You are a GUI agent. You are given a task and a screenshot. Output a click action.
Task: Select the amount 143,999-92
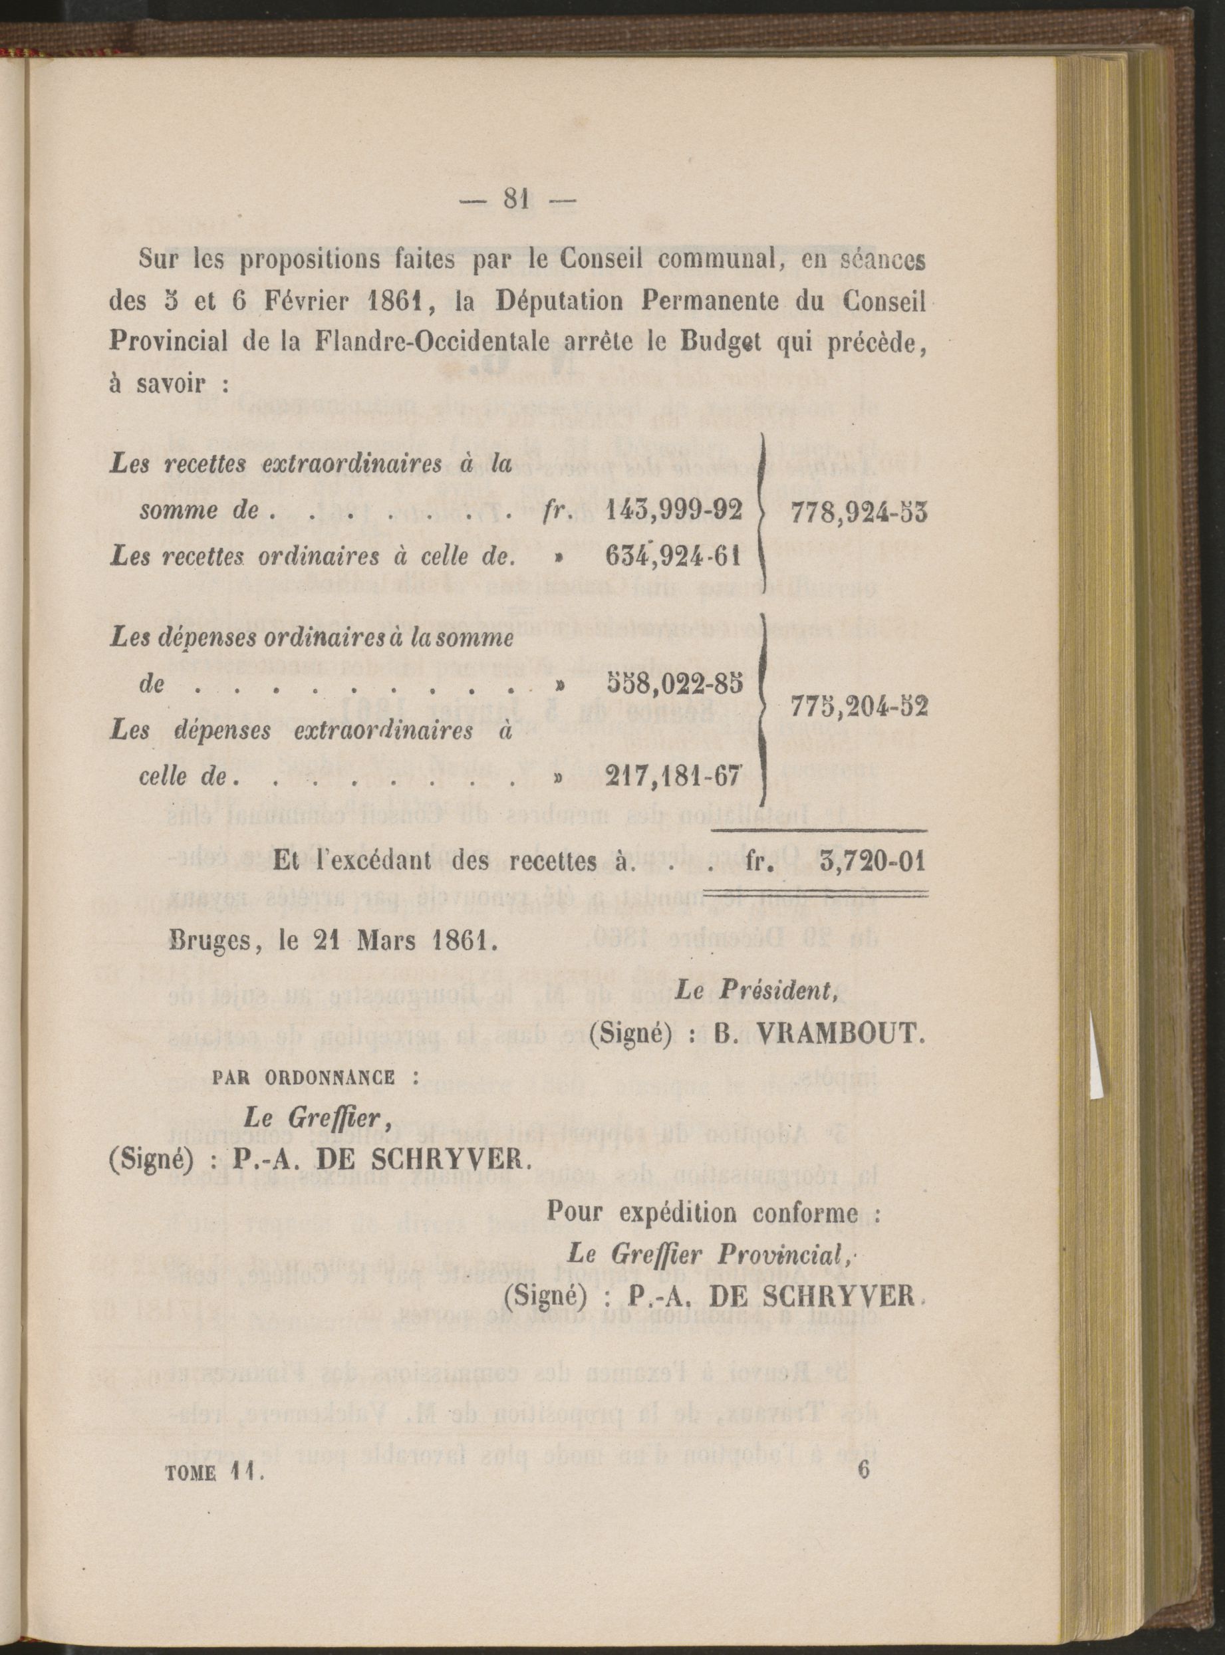click(x=673, y=511)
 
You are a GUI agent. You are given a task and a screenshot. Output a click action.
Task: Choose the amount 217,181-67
click(x=673, y=775)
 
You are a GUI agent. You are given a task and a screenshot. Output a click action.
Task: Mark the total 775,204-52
click(x=859, y=707)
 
